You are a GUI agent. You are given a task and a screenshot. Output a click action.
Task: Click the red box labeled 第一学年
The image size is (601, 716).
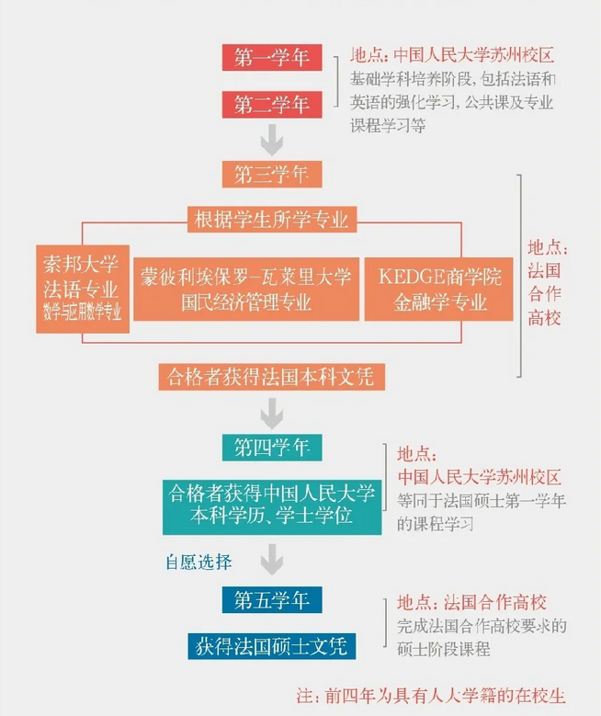point(271,57)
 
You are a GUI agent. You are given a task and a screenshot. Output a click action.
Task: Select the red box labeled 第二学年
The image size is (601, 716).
point(271,104)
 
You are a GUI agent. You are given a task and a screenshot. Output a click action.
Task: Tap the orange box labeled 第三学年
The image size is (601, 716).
point(271,173)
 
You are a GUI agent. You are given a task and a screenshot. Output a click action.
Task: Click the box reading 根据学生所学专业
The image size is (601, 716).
point(271,219)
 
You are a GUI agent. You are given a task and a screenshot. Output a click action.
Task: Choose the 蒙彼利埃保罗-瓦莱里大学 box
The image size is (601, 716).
point(246,287)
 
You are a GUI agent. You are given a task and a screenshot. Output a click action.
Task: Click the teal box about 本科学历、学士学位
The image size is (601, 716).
point(271,505)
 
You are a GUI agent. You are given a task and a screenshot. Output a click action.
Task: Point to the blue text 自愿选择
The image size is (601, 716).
point(198,561)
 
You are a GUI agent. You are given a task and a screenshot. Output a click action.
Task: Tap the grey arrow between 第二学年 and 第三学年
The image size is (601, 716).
point(271,140)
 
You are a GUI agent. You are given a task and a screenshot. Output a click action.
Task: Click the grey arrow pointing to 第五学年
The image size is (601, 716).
point(271,561)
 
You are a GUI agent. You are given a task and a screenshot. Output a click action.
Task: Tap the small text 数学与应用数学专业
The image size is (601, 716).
point(81,312)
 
